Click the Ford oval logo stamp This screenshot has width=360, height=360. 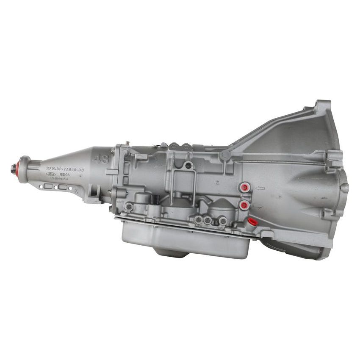[51, 174]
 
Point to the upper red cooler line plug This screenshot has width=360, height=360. [244, 188]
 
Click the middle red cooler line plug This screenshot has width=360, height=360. [244, 205]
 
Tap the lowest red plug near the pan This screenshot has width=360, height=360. [252, 221]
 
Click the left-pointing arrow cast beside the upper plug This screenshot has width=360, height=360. [260, 188]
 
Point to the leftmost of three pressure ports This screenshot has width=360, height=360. [198, 219]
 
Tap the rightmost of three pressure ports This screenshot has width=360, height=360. [222, 221]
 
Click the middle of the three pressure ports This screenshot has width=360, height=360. [207, 220]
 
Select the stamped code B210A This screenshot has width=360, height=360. [65, 174]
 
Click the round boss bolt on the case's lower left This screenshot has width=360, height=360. [128, 207]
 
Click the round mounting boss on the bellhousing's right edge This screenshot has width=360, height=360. [344, 188]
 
